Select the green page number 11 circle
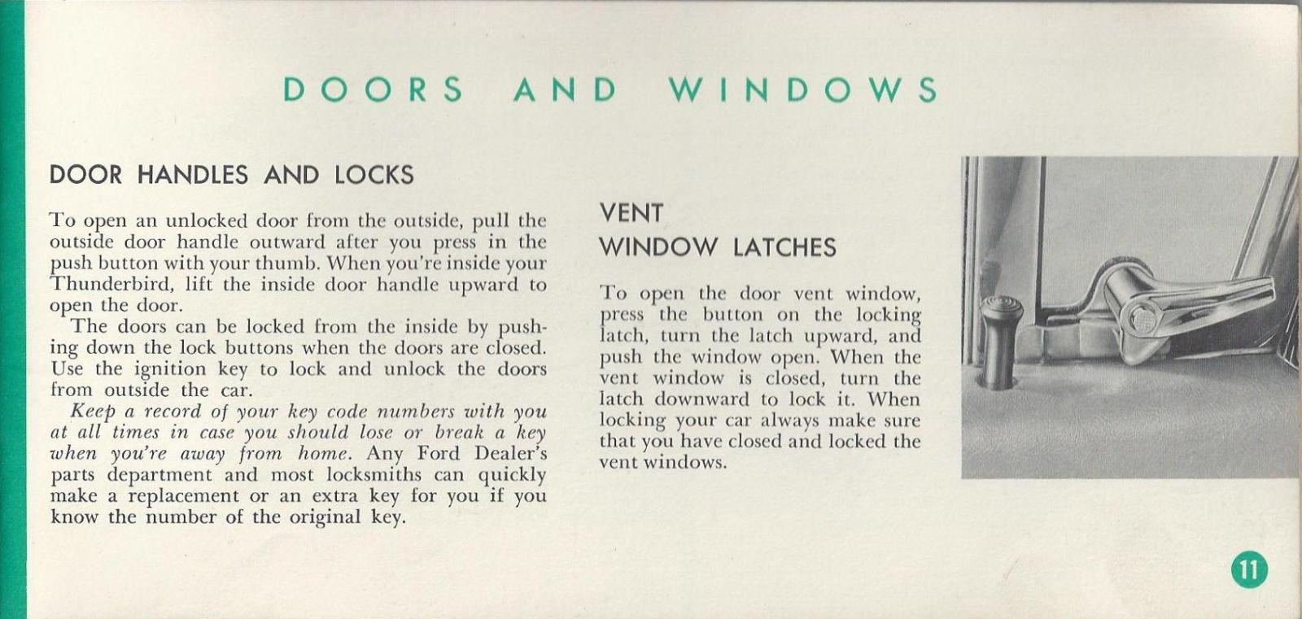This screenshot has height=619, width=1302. coord(1249,569)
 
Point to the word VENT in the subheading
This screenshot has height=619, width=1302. coord(631,213)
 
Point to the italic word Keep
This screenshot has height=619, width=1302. coord(92,412)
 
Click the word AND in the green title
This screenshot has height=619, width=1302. coord(565,89)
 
